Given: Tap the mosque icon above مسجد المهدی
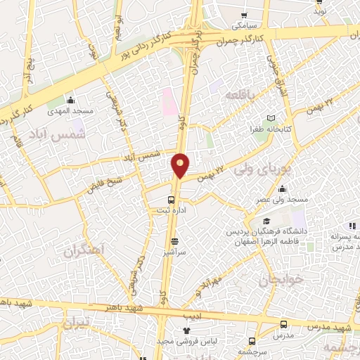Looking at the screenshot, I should (70, 100).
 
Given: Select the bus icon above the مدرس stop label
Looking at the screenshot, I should (283, 325).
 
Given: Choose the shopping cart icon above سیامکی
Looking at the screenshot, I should (244, 15).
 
